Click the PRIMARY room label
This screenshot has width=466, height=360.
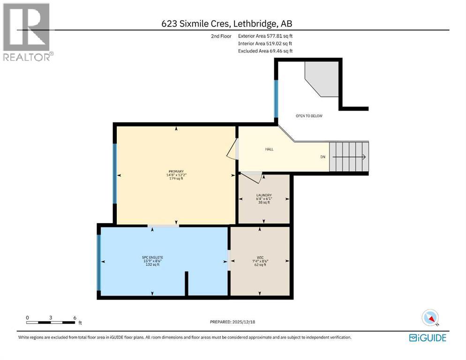click(x=176, y=172)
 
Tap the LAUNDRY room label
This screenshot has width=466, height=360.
click(x=264, y=195)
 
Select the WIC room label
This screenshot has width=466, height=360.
click(x=260, y=257)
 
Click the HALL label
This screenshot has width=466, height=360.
click(x=269, y=149)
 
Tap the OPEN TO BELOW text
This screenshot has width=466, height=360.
click(x=308, y=116)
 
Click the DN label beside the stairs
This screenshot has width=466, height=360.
click(x=323, y=157)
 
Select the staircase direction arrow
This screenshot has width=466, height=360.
click(x=349, y=157)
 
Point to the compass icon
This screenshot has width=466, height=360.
click(x=430, y=318)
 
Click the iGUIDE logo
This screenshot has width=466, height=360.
click(x=428, y=337)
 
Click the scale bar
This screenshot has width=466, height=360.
click(x=51, y=322)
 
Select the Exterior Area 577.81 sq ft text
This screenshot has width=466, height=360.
click(x=265, y=36)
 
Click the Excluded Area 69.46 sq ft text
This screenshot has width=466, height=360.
click(x=265, y=51)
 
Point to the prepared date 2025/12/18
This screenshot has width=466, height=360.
click(x=233, y=322)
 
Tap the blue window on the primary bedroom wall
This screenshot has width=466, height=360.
click(x=114, y=174)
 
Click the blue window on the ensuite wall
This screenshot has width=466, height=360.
click(x=98, y=262)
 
